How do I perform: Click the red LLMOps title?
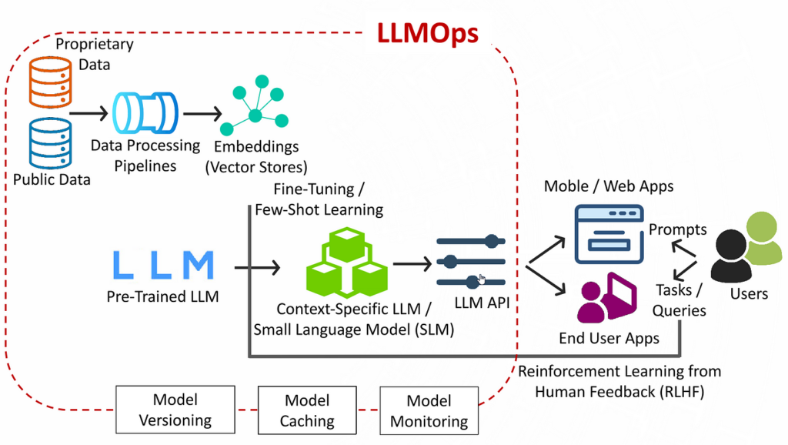tap(427, 33)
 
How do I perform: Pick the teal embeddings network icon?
tap(254, 112)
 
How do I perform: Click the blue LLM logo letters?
tap(162, 265)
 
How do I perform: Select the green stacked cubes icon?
tap(346, 262)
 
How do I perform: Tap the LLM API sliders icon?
tap(471, 263)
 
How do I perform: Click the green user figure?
tap(762, 243)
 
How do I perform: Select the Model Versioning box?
tap(175, 410)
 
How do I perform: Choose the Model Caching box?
tap(307, 410)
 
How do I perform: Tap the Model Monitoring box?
tap(429, 410)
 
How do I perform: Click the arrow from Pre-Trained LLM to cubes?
tap(257, 268)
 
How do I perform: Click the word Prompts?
tap(677, 229)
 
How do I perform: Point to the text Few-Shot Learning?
tap(319, 209)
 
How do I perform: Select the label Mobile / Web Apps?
tap(609, 186)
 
